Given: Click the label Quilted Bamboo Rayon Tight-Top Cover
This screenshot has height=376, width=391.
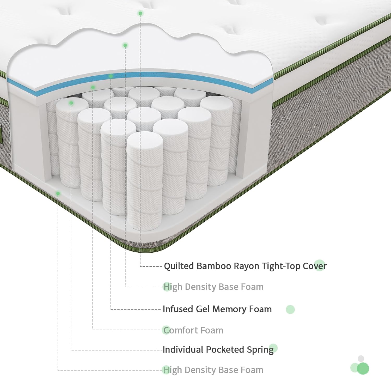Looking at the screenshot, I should click(245, 266).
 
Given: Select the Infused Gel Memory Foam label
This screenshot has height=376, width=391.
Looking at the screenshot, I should click(217, 309).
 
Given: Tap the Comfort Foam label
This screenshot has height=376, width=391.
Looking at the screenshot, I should click(193, 330).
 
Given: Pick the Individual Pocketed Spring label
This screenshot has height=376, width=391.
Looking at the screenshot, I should click(218, 350).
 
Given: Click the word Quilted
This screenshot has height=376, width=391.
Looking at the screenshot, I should click(179, 266).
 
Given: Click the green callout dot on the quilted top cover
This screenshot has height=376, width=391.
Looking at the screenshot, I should click(140, 13).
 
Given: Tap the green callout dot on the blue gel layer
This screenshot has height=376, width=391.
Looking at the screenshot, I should click(111, 76).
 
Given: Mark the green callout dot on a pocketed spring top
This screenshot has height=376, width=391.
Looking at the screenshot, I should click(71, 103).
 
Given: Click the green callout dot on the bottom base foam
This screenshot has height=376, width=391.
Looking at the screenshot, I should click(58, 193).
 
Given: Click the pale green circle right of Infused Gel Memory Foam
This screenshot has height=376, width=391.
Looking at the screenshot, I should click(290, 310).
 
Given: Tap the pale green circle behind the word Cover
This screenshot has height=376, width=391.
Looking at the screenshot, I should click(320, 265).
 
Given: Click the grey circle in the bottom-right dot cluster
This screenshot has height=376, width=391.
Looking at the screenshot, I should click(361, 359).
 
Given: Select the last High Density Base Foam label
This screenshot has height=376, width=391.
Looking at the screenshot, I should click(213, 370).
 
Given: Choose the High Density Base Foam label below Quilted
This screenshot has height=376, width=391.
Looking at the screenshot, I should click(213, 287).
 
